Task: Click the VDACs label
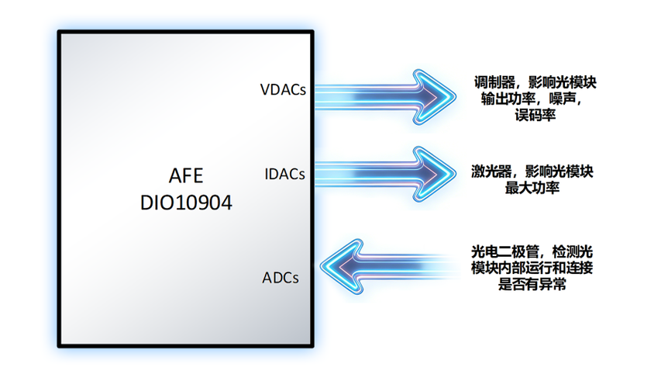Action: click(284, 89)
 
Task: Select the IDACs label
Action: click(285, 173)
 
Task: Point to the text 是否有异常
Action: click(532, 285)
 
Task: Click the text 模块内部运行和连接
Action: click(532, 268)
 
